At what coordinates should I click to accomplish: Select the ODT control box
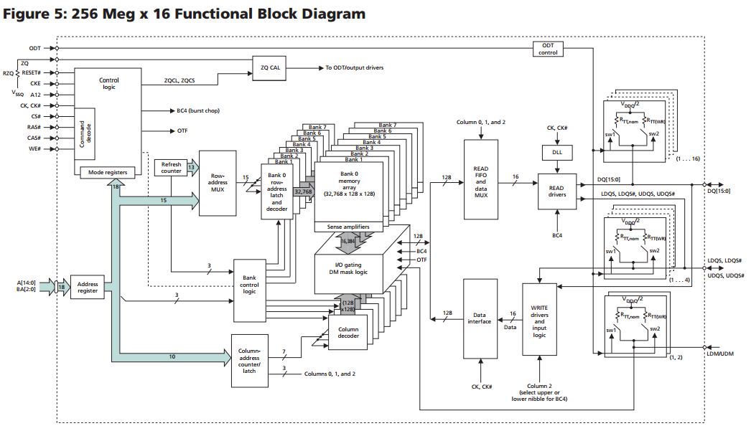548,49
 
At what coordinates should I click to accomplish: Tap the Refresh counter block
171,168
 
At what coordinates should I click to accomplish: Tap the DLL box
556,153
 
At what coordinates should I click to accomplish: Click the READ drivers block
556,189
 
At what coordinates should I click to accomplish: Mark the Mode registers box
108,172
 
